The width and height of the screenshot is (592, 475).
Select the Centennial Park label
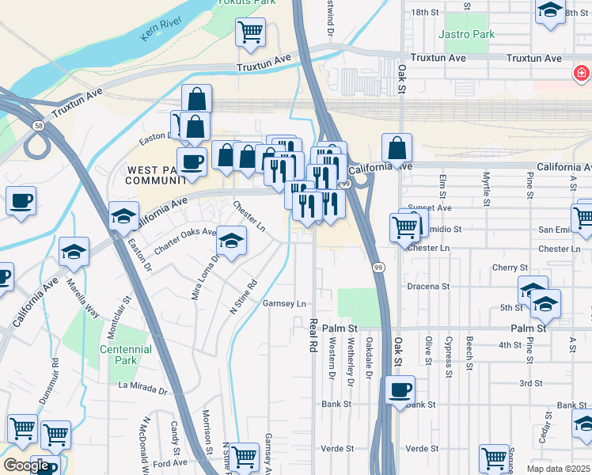[125, 355]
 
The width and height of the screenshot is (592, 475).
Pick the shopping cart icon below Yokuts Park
[250, 32]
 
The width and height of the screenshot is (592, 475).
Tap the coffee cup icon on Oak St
[400, 389]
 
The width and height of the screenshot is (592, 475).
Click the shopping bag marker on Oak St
[397, 147]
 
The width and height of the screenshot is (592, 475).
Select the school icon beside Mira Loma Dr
[231, 241]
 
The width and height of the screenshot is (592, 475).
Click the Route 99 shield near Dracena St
[379, 268]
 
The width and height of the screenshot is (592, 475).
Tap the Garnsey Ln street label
[284, 303]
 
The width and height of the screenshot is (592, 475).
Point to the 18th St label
[425, 13]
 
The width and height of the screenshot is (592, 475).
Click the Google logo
[26, 465]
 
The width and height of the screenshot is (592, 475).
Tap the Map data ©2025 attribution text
[559, 469]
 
